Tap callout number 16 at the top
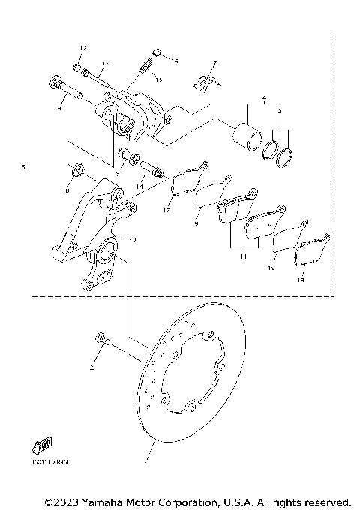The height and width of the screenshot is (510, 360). point(174,59)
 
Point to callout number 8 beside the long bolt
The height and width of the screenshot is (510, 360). point(58,109)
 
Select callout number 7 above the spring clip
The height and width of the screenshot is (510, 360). point(214,63)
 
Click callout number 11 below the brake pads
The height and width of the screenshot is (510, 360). point(241,256)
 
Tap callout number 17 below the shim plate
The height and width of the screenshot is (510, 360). point(166,211)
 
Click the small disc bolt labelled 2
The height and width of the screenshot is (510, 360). point(101,340)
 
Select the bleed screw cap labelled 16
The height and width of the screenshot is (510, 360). point(157,51)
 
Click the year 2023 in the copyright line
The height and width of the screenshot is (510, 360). point(65,501)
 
